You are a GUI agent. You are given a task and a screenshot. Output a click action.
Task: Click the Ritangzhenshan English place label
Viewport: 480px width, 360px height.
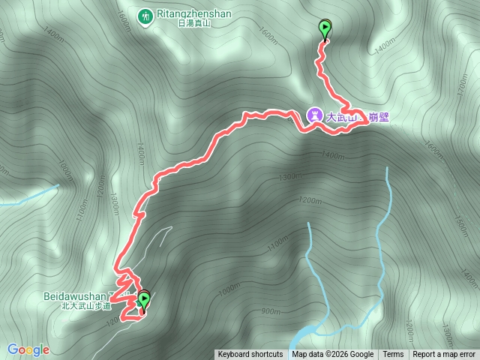pos(194,13)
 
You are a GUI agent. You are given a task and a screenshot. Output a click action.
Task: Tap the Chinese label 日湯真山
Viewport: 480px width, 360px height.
pos(194,24)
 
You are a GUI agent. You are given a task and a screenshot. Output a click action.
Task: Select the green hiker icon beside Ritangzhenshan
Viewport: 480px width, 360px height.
pos(144,14)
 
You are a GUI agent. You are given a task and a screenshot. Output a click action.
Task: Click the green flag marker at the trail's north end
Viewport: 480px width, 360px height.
pos(325,29)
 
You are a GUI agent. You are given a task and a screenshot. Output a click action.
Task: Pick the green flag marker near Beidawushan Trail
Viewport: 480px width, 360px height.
pos(142,300)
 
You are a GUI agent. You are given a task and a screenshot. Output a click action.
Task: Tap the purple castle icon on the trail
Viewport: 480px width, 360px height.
pos(315,115)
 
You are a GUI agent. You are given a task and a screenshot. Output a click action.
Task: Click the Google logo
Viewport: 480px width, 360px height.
pos(28,349)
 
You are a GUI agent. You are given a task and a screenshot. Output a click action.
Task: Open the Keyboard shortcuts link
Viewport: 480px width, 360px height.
pos(250,355)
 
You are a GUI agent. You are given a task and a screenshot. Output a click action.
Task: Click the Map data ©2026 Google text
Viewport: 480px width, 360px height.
pos(333,355)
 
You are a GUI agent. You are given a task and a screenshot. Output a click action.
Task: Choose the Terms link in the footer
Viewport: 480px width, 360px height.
pos(393,355)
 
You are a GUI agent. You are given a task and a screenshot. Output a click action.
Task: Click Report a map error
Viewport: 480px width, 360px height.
pos(444,355)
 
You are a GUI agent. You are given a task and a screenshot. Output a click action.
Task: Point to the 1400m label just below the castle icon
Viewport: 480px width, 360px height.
pos(331,155)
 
